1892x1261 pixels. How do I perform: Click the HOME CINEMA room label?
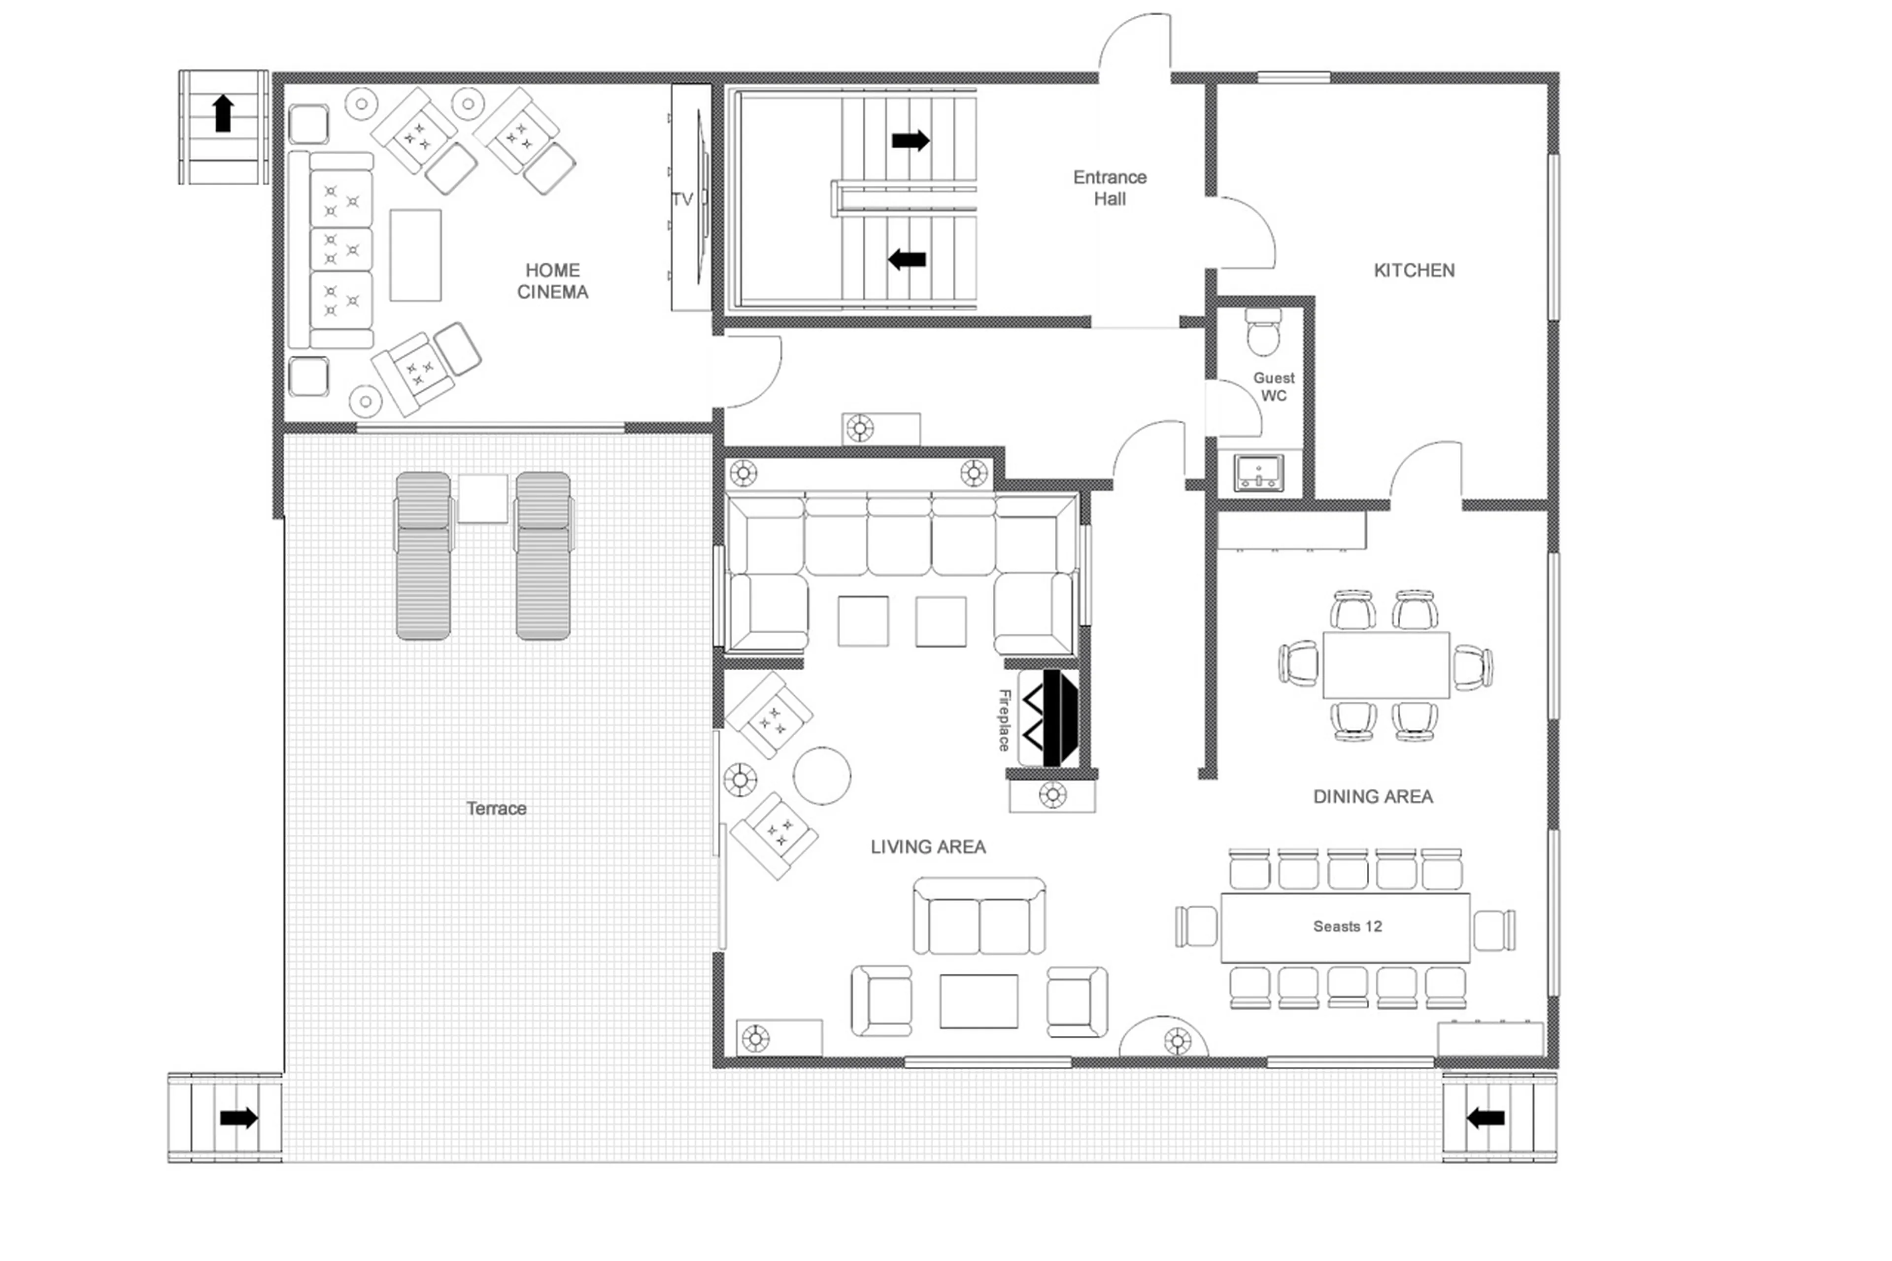click(552, 281)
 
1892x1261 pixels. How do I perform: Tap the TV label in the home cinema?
click(682, 200)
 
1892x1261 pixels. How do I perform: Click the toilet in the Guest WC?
click(1262, 331)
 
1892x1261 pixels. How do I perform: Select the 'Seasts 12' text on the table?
click(1347, 926)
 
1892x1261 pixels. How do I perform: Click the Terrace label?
click(496, 808)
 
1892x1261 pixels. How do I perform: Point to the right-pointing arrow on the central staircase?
click(910, 141)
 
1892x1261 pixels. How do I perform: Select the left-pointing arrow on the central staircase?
click(907, 260)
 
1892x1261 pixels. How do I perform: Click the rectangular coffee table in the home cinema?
click(415, 255)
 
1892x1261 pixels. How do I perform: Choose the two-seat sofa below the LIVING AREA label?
click(979, 919)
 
